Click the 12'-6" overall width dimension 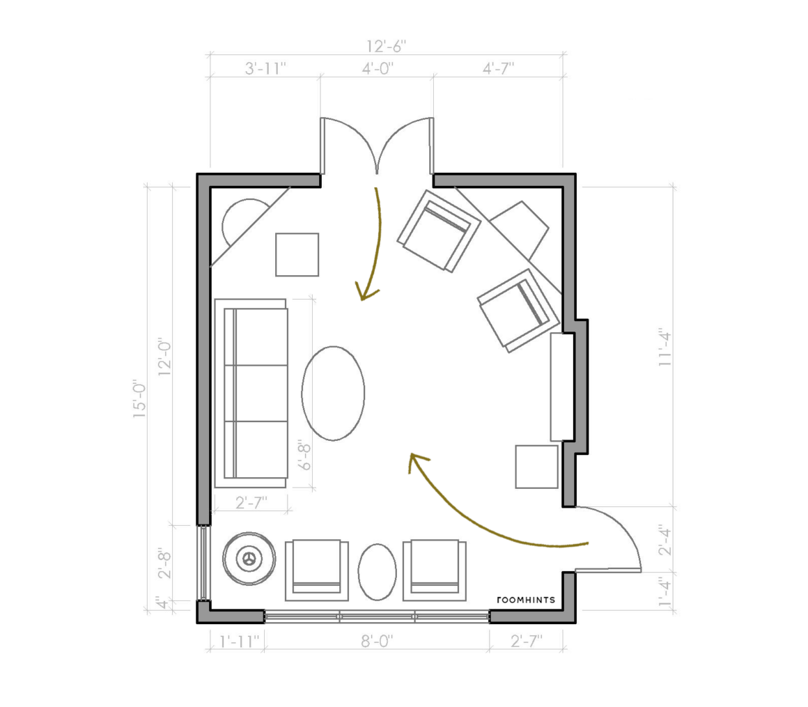tap(386, 47)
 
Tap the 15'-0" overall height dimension tap(139, 400)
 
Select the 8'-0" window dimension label tap(377, 641)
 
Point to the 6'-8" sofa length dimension tap(306, 454)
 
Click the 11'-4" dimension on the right tap(665, 349)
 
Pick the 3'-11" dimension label tap(265, 68)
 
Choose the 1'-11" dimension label tap(239, 642)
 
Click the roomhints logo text tap(526, 600)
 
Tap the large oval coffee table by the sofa tap(334, 393)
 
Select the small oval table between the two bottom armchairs tap(378, 572)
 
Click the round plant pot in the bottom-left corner tap(249, 559)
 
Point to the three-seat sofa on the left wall tap(251, 393)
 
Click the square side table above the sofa tap(297, 254)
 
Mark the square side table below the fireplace tap(536, 467)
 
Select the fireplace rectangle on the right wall tap(562, 387)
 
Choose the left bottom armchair tap(317, 570)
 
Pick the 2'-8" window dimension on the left tap(164, 563)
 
